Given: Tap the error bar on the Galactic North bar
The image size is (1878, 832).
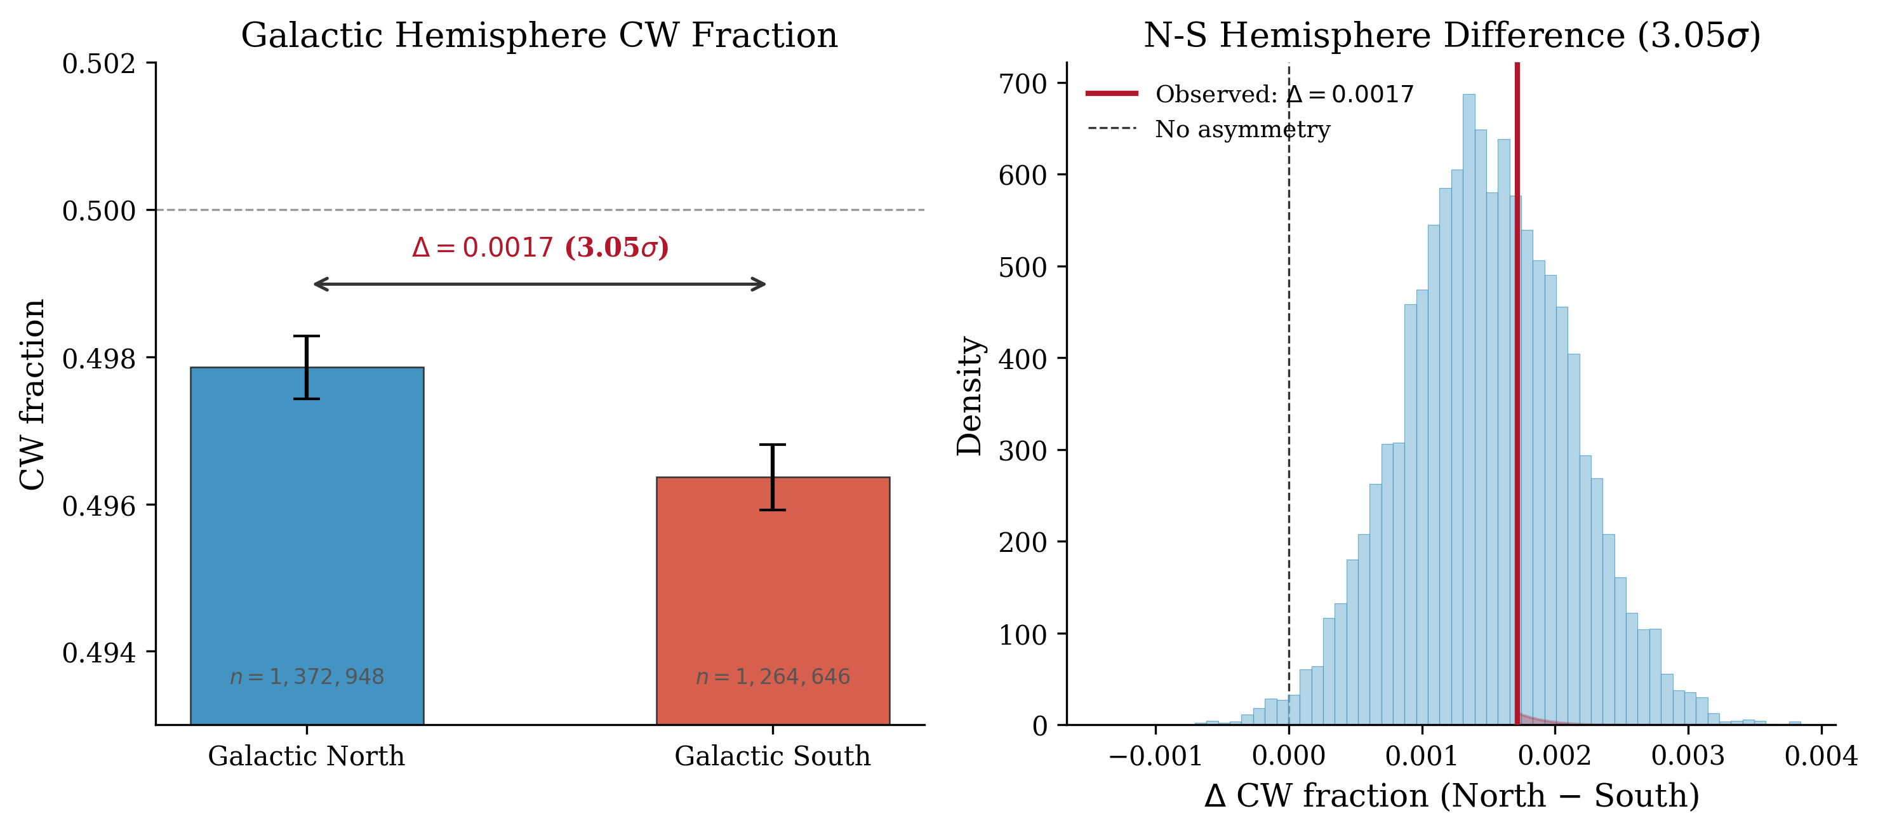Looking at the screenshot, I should click(x=307, y=367).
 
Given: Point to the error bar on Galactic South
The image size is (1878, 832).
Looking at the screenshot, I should click(x=773, y=476).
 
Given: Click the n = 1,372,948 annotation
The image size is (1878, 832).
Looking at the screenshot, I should click(x=307, y=676).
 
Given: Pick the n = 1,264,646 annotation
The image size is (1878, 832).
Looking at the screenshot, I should click(x=773, y=676).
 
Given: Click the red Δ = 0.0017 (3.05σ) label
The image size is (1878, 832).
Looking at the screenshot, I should click(x=540, y=248).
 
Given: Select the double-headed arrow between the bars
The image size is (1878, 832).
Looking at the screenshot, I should click(x=540, y=285).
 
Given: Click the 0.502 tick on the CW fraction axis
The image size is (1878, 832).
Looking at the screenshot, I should click(x=99, y=64).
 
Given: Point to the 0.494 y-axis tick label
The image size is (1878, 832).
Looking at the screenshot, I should click(x=99, y=653).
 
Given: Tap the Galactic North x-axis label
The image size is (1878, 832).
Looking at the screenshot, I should click(x=307, y=756).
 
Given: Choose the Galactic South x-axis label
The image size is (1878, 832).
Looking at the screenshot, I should click(x=773, y=756).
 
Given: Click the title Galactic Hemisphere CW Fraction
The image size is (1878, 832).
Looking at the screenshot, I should click(x=540, y=35).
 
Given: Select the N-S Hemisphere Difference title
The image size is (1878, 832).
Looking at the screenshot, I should click(x=1451, y=35).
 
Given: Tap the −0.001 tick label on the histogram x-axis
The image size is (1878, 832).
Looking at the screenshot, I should click(x=1155, y=756).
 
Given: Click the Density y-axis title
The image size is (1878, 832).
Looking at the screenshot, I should click(x=969, y=396).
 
